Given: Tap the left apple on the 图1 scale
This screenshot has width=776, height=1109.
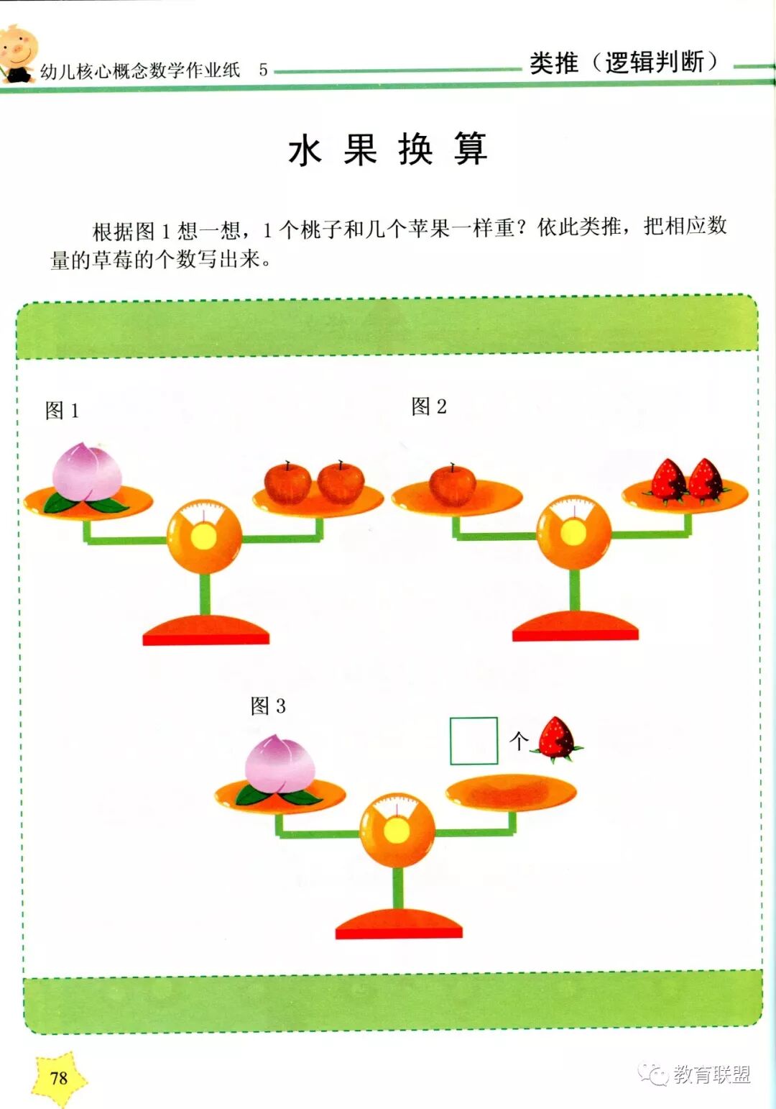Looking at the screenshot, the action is [287, 483].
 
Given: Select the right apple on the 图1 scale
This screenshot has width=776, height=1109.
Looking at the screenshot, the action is [341, 483].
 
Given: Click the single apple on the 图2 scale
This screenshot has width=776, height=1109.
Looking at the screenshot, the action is [452, 484].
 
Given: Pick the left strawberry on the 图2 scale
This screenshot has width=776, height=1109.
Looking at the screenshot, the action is [668, 480].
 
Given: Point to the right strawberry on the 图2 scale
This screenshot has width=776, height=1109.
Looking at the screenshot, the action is [706, 480].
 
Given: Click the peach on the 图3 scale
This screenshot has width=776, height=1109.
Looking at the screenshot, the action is [280, 765].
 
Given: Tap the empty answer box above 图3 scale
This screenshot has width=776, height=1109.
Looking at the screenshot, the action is [474, 741].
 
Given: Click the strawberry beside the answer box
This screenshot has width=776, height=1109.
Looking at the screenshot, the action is [557, 739].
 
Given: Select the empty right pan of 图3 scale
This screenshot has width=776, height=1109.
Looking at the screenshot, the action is [511, 791].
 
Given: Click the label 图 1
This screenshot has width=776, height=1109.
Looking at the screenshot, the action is [62, 411].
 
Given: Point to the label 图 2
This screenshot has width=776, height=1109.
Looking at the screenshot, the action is [429, 406].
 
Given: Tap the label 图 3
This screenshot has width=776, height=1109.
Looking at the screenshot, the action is [268, 706].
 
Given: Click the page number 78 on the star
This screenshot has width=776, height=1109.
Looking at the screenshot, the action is [59, 1077].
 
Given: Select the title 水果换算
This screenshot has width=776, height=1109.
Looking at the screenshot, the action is [388, 150].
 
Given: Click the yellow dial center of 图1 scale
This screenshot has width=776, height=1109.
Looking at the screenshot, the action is [204, 537].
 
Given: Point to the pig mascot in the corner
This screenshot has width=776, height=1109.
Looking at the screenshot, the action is [17, 53].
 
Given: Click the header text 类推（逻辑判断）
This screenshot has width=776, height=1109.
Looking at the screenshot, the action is [623, 63].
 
